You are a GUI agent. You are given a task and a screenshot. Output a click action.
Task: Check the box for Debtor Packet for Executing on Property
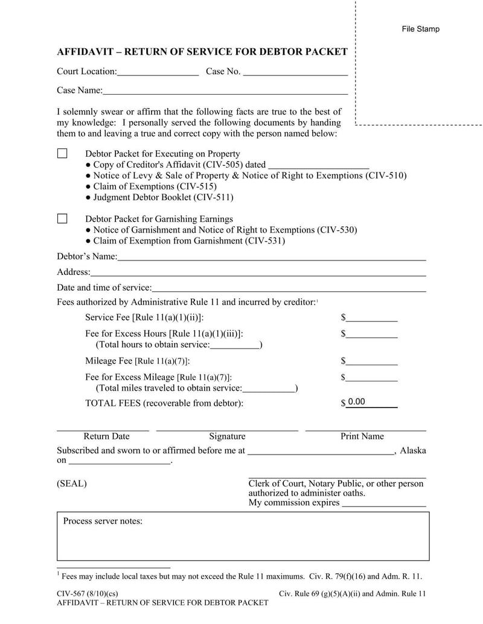(62, 154)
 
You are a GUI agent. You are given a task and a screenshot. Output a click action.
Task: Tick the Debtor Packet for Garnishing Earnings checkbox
(62, 219)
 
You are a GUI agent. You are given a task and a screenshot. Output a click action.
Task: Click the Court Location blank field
(158, 72)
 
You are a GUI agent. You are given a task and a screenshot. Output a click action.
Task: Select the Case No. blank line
(295, 72)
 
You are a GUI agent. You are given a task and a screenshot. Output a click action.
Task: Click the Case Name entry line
(225, 90)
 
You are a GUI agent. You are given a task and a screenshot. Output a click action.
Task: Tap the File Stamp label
(421, 29)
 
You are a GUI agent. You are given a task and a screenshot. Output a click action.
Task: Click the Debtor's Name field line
(272, 257)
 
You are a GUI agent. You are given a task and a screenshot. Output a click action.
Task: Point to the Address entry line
(258, 273)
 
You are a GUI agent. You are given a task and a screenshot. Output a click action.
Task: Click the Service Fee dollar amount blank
(371, 318)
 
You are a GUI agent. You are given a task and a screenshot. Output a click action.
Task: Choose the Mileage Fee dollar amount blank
(371, 362)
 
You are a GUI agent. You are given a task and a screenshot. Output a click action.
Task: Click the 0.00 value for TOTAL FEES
(357, 402)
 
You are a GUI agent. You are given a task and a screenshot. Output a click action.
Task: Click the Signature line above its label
(227, 429)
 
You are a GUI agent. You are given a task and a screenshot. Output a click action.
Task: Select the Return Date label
(106, 436)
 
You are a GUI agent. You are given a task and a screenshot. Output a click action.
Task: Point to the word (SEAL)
(72, 484)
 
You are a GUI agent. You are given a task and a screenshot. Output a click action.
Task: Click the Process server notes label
(103, 522)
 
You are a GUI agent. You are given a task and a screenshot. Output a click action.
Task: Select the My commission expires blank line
(384, 503)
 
